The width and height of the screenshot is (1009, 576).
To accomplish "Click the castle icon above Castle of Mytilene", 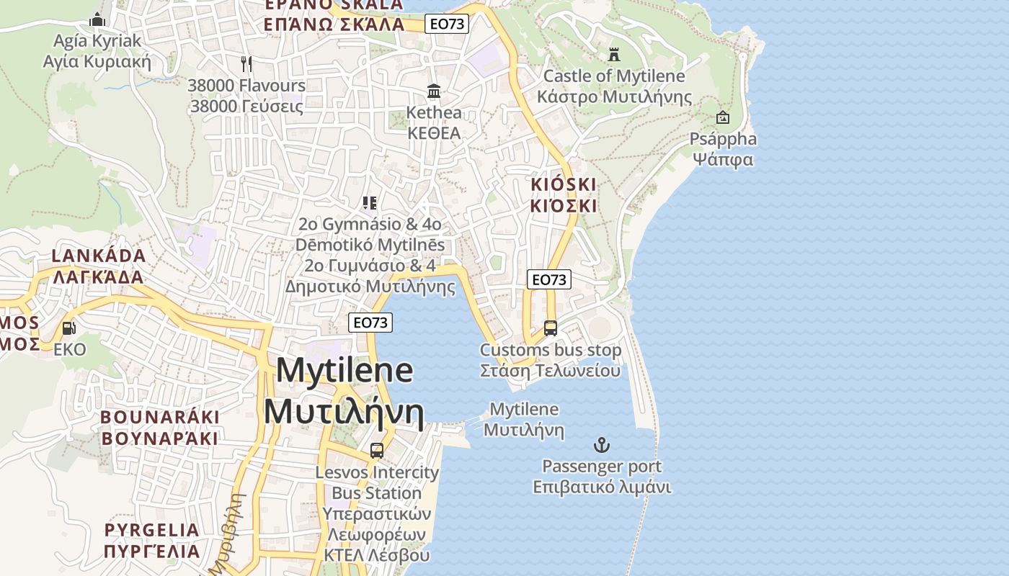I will pyautogui.click(x=614, y=55).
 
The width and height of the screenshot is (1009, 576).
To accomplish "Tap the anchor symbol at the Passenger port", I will pyautogui.click(x=600, y=445).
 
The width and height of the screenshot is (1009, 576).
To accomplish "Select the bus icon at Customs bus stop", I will pyautogui.click(x=551, y=328).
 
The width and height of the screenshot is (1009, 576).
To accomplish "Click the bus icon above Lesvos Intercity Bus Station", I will pyautogui.click(x=376, y=451).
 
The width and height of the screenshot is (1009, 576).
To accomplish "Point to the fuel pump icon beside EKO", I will pyautogui.click(x=69, y=328).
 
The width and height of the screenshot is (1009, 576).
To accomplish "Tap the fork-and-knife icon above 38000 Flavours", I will pyautogui.click(x=246, y=64).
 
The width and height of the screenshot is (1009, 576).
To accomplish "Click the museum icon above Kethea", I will pyautogui.click(x=434, y=91).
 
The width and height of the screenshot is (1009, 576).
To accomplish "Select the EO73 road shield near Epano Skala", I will pyautogui.click(x=447, y=24).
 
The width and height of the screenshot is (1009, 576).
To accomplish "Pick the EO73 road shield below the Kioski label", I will pyautogui.click(x=549, y=279).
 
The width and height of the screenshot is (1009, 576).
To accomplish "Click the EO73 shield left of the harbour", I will pyautogui.click(x=370, y=322).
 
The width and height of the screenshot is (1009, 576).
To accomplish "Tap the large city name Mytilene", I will pyautogui.click(x=345, y=371).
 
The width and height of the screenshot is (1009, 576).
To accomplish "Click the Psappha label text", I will pyautogui.click(x=723, y=139).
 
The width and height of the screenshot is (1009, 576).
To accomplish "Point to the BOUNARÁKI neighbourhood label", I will pyautogui.click(x=159, y=418).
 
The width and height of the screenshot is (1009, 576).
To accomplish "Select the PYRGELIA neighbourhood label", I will pyautogui.click(x=152, y=531).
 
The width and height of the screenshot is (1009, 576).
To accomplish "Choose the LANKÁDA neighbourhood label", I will pyautogui.click(x=99, y=256).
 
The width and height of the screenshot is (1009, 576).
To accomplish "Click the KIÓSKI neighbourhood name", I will pyautogui.click(x=564, y=185).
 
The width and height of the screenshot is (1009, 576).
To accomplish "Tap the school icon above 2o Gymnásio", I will pyautogui.click(x=370, y=203).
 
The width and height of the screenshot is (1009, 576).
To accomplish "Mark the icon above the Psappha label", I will pyautogui.click(x=723, y=117).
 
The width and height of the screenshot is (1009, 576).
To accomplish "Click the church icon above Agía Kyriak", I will pyautogui.click(x=97, y=19).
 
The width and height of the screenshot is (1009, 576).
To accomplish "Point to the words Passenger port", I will pyautogui.click(x=602, y=467).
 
